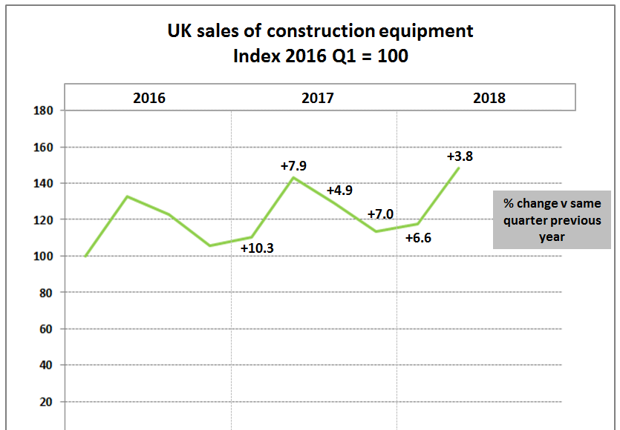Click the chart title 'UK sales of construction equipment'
(320, 31)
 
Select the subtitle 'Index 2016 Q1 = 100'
(320, 56)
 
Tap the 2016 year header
(149, 98)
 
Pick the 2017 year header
(318, 98)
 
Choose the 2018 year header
(489, 98)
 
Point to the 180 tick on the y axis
(46, 110)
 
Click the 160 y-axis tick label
(46, 147)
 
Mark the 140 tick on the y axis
(46, 183)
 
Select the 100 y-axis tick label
(46, 256)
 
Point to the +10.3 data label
(258, 248)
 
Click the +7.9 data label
(293, 166)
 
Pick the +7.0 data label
(380, 215)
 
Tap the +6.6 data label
(418, 238)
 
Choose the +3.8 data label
(460, 156)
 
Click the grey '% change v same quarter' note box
(552, 219)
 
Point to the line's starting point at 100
(85, 256)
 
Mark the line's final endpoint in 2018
(459, 168)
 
